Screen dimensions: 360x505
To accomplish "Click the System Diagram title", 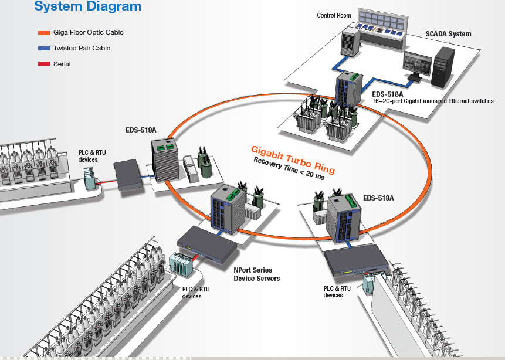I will click(88, 8).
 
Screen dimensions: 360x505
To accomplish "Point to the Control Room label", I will click(334, 15).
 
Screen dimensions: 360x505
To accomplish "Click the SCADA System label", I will click(448, 34).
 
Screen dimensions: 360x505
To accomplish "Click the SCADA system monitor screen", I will click(418, 63).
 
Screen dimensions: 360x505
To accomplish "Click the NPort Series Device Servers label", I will click(257, 274).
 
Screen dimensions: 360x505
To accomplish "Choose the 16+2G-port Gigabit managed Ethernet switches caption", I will click(433, 101).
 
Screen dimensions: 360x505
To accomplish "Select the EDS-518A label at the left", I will click(141, 130).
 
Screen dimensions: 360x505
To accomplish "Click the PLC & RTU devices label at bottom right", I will click(337, 291).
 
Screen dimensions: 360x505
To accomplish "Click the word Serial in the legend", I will click(62, 64).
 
